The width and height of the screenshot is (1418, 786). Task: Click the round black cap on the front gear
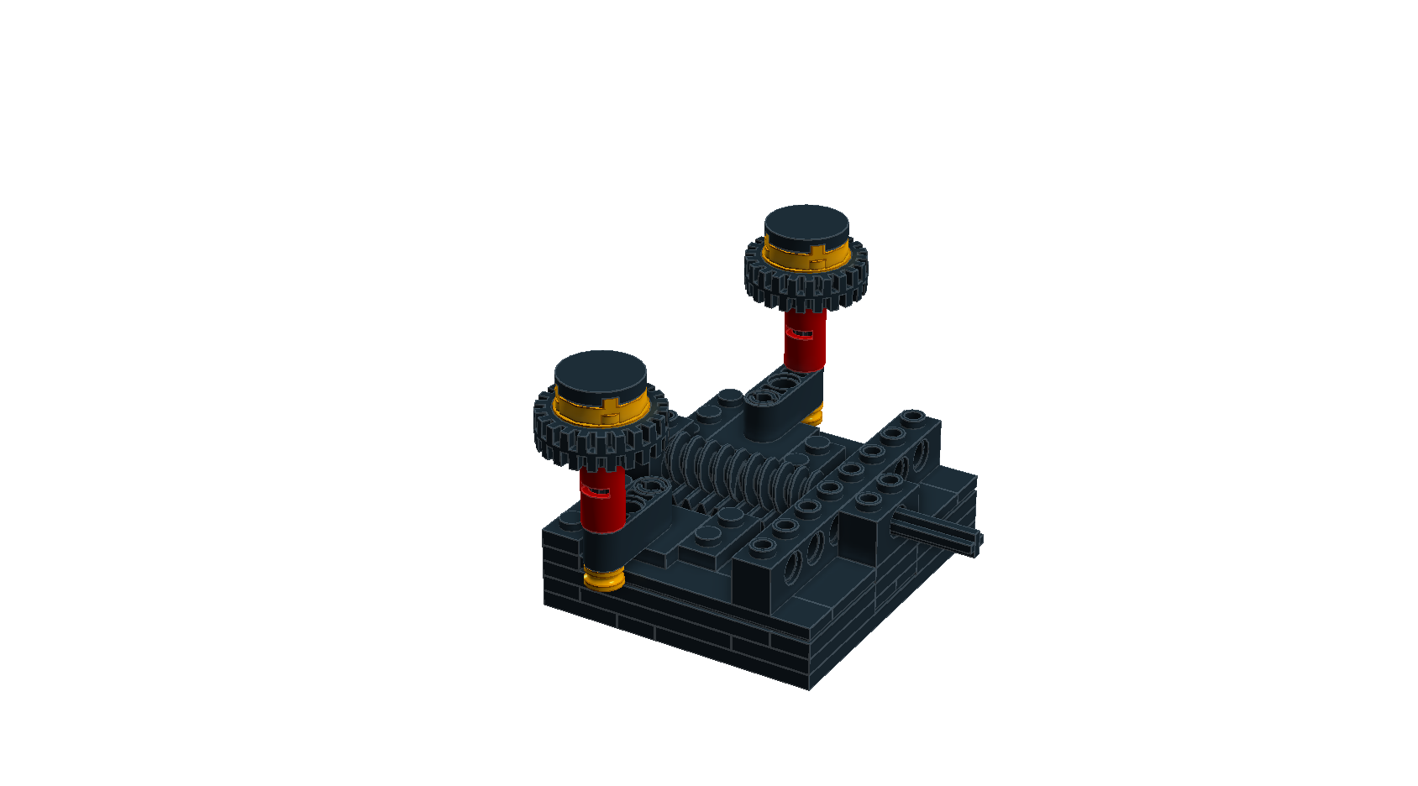coord(601,375)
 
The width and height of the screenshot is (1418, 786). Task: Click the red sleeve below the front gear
coord(601,504)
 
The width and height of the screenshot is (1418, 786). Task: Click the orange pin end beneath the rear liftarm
coord(811,417)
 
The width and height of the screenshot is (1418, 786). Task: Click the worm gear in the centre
coord(739,474)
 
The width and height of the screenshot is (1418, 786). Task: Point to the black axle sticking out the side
coord(937,532)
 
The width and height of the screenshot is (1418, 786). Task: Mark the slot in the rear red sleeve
coord(800,334)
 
